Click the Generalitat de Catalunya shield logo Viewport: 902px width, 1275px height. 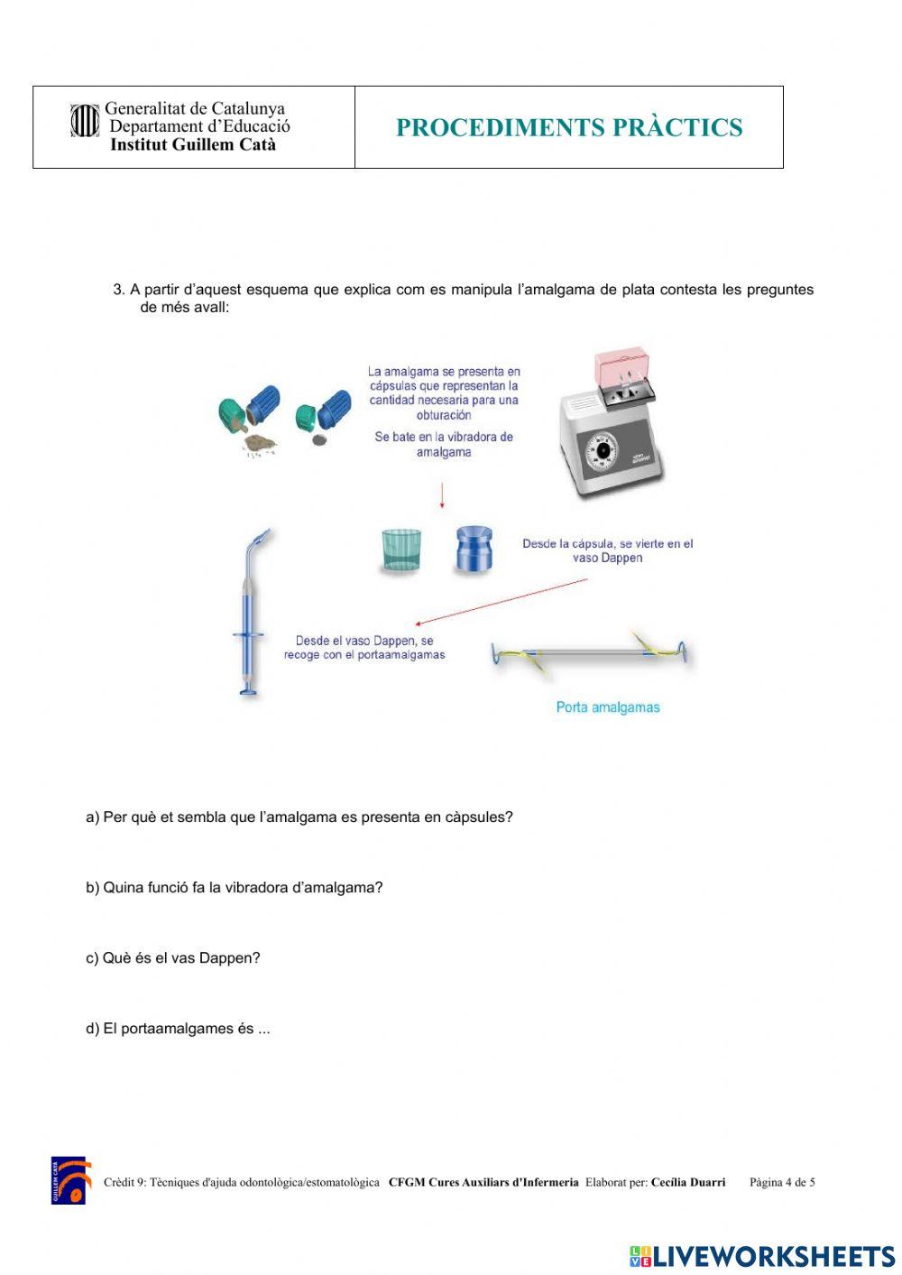(84, 121)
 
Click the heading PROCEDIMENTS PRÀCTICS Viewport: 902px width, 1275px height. (569, 128)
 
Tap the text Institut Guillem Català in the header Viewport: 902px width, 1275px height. (192, 145)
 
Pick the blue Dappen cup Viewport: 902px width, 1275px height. (474, 550)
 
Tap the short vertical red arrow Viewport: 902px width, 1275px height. (442, 495)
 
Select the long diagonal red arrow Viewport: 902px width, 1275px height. (502, 602)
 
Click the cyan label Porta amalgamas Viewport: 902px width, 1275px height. (607, 707)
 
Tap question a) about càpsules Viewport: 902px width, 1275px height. (299, 818)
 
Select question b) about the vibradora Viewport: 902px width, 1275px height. (235, 888)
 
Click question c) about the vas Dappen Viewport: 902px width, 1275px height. (173, 958)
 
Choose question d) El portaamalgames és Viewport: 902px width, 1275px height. (178, 1029)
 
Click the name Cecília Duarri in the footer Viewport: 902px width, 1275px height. (687, 1182)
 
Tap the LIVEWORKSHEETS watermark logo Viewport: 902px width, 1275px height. (762, 1256)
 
